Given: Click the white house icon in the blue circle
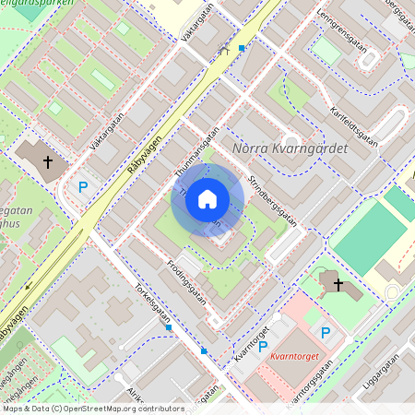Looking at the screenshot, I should click(207, 199).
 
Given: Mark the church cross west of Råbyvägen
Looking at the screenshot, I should click(48, 161).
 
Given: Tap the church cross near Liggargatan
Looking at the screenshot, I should click(338, 284).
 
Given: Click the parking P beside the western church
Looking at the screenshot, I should click(83, 187).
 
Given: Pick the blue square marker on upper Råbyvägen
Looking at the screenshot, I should click(242, 47).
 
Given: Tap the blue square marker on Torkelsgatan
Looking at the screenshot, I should click(169, 326).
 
